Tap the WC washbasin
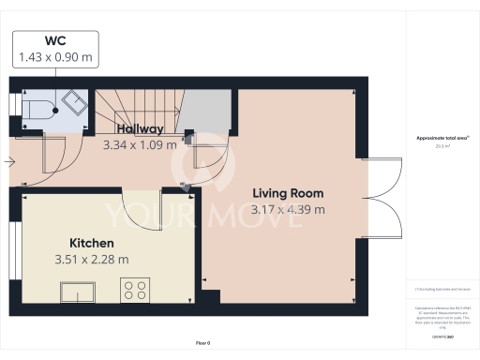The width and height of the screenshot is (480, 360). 73,101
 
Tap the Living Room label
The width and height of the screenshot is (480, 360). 288,192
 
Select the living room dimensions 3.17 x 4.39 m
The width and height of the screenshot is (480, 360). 288,209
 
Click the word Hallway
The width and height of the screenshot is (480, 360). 140,129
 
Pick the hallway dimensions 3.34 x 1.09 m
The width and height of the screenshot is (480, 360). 140,145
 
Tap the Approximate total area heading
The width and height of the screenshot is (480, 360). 442,138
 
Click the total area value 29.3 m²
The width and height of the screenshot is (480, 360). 442,145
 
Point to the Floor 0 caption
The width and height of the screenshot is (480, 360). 202,343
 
